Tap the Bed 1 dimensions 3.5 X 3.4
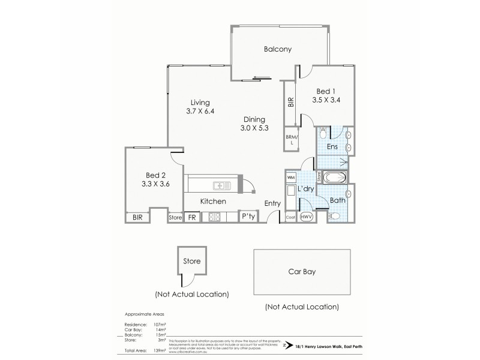pos(326,100)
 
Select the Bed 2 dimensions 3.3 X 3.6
pos(149,184)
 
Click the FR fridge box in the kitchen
pos(193,218)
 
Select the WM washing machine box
pos(291,178)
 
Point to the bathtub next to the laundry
pos(334,178)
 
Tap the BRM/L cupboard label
pos(291,140)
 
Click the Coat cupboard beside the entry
pos(290,218)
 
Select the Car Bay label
pos(302,271)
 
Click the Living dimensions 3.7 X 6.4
pos(200,111)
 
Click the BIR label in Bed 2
pos(137,218)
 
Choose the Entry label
pos(272,203)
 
